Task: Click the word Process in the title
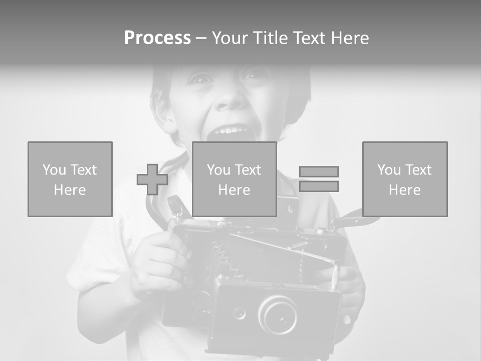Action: coord(157,38)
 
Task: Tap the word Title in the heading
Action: coord(271,38)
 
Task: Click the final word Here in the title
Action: coord(350,38)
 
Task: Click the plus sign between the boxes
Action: coord(152,179)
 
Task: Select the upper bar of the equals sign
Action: coord(319,171)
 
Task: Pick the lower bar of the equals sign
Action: coord(319,187)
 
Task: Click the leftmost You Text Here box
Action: coord(70,179)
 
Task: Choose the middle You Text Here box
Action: coord(234,179)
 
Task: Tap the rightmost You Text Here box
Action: coord(404,179)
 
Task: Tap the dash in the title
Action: coord(201,39)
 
